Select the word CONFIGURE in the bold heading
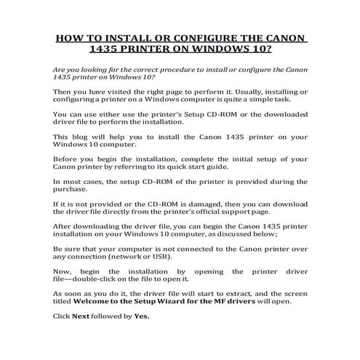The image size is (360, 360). click(x=220, y=38)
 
